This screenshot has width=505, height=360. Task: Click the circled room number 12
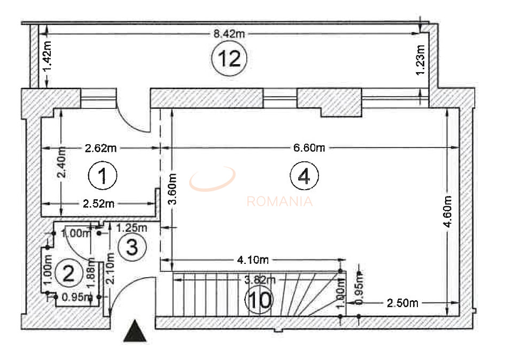coord(229,58)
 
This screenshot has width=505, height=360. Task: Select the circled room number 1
coord(102,176)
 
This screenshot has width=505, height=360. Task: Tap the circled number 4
coord(304,176)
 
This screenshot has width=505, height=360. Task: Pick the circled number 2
coord(68,273)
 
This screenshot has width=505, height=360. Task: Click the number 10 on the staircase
coord(259,301)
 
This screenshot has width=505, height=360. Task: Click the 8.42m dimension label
coord(229,34)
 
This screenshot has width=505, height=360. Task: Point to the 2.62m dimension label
coord(100,148)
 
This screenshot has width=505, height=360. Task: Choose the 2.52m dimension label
coord(98,204)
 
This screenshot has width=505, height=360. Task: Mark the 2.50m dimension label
coord(402,303)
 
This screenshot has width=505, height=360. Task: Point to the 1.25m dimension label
coord(131,227)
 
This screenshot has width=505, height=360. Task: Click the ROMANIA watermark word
coord(279,201)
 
